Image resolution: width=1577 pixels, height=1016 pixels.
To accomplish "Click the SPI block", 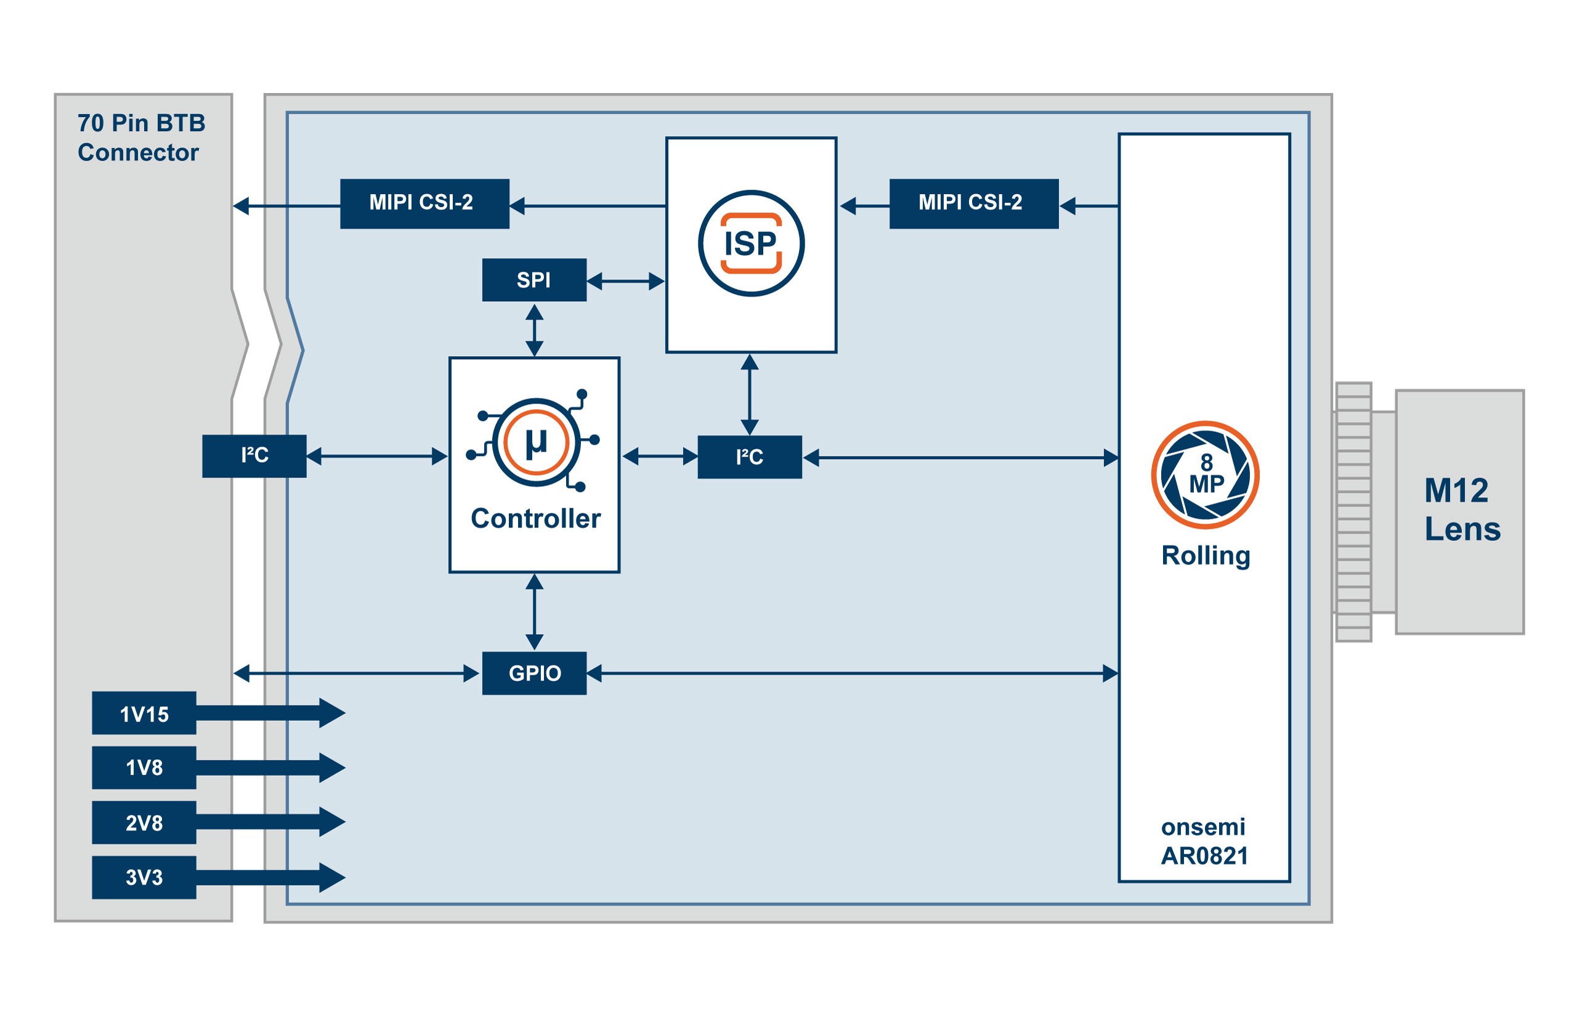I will [533, 280].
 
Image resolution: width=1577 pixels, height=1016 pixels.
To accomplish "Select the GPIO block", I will [533, 673].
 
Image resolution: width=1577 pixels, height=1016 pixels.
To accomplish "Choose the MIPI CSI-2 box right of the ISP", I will [973, 203].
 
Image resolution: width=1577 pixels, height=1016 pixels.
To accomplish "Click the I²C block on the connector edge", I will [254, 456].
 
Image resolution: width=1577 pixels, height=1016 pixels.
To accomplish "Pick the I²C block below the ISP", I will [749, 457].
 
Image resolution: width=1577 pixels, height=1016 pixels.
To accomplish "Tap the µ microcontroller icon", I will [535, 442].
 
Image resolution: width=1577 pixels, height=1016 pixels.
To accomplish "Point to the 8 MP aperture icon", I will [1204, 474].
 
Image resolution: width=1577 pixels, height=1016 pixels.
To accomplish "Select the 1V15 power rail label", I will [144, 713].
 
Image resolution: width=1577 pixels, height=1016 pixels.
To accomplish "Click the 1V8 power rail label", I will [144, 767].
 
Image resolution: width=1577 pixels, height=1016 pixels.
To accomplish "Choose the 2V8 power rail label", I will [144, 822].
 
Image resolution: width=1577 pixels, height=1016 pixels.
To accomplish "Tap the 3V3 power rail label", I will [144, 877].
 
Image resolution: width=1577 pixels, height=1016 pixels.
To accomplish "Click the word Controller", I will [535, 519].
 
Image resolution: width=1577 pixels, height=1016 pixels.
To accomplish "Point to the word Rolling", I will [1205, 556].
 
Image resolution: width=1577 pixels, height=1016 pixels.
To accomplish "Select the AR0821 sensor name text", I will [1204, 856].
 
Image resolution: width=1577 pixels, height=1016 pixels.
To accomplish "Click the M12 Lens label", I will [1461, 510].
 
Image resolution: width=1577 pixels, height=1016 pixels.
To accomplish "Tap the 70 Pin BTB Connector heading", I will [140, 137].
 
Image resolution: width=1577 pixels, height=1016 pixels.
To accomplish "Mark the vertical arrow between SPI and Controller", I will [534, 330].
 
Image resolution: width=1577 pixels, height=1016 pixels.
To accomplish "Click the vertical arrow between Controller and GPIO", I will [534, 612].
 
